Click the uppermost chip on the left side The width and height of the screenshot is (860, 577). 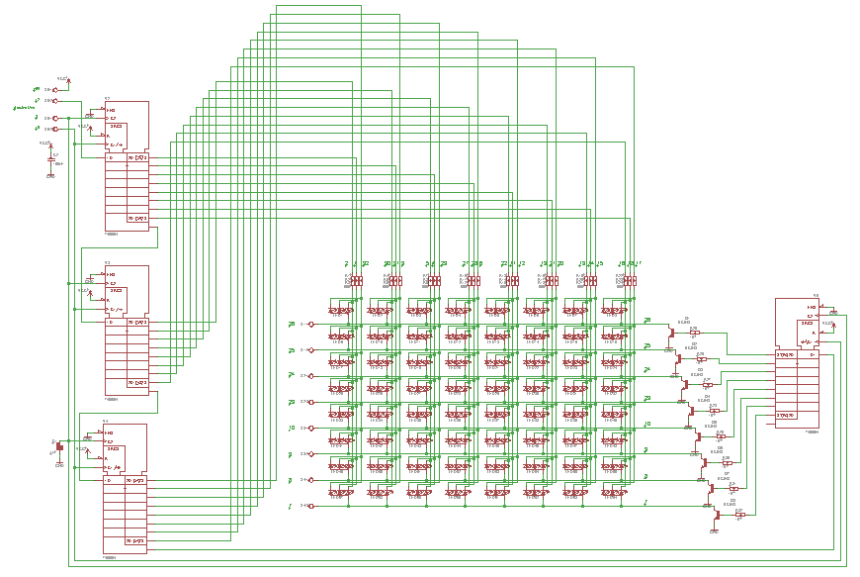(x=126, y=165)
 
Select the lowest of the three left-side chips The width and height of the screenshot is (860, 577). (x=125, y=487)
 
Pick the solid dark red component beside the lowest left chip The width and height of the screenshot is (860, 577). (x=59, y=446)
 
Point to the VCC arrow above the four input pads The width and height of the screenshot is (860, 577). (x=68, y=80)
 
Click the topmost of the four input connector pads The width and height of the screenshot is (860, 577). (x=55, y=89)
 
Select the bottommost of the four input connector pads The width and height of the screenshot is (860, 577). (x=55, y=128)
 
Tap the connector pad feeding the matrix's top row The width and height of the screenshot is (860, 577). (x=310, y=324)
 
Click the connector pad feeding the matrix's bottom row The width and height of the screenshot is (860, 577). (x=310, y=506)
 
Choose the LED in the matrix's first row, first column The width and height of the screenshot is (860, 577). (x=340, y=311)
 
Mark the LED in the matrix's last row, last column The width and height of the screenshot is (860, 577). (x=615, y=491)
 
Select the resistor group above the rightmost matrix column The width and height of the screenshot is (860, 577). (x=629, y=281)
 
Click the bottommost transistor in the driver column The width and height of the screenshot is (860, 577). (x=716, y=513)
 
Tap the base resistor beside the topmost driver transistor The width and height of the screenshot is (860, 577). (x=695, y=333)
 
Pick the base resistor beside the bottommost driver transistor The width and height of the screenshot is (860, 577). (x=739, y=515)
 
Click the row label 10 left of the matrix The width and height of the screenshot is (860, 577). (x=291, y=428)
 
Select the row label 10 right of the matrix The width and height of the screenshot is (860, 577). (x=647, y=424)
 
